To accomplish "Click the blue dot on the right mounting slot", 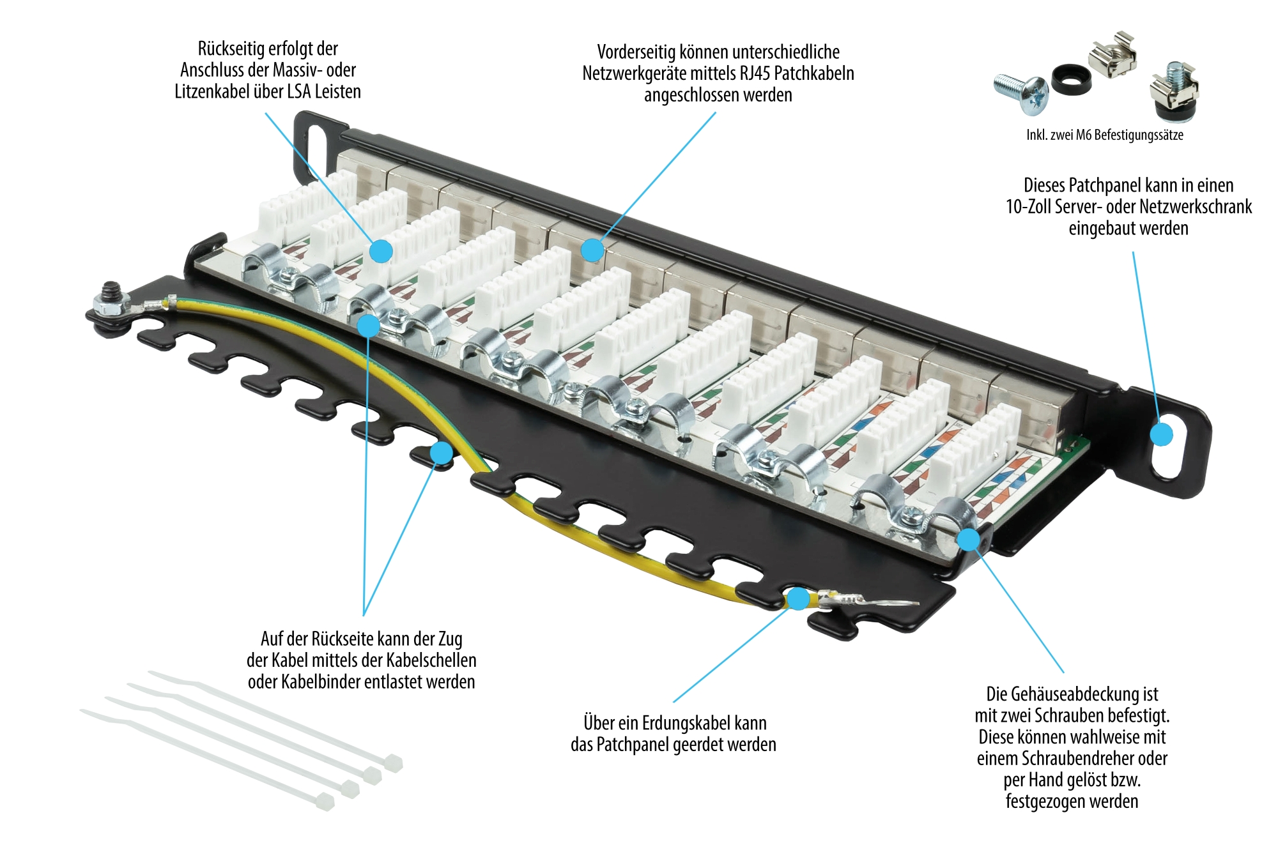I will click(x=1162, y=435).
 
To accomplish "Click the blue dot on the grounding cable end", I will click(x=797, y=599).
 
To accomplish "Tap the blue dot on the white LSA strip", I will click(x=381, y=251).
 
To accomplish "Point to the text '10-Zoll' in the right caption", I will click(x=1029, y=207).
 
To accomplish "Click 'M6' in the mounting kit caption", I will click(x=1084, y=135).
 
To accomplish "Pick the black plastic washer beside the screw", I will click(x=1071, y=79).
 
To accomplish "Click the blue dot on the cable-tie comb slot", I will click(x=441, y=453).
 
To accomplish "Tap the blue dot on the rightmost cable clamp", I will click(x=969, y=540).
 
